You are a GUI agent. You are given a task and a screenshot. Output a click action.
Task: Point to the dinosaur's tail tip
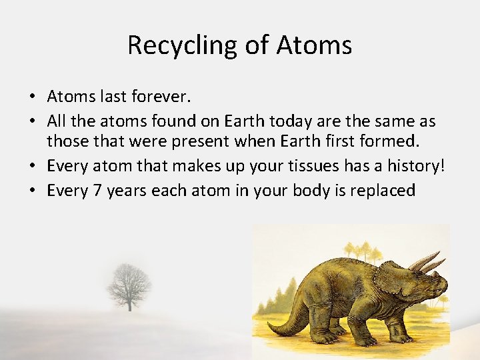tap(269, 327)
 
